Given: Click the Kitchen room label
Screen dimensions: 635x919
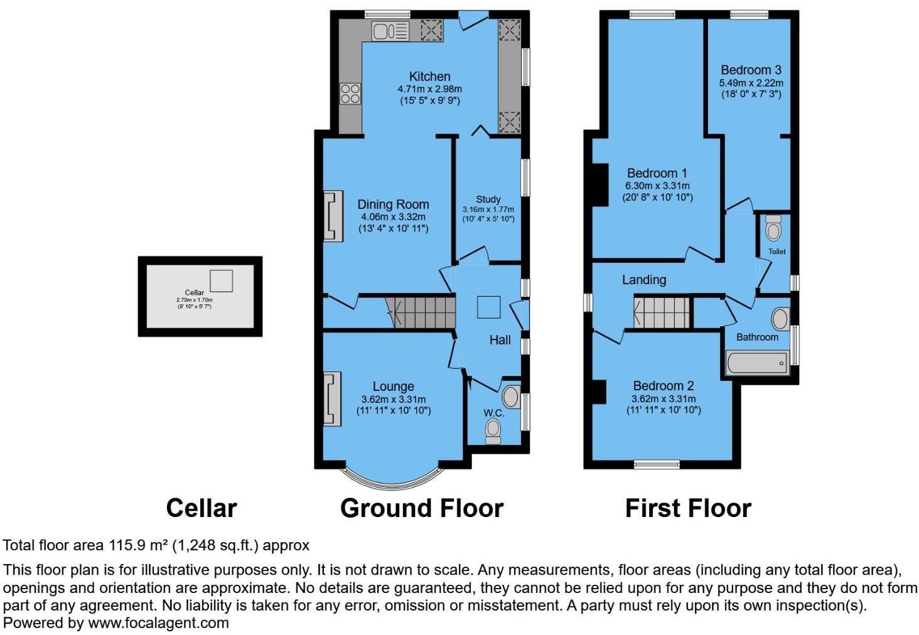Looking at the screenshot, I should pyautogui.click(x=429, y=77).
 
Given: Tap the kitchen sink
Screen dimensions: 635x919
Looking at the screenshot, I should pyautogui.click(x=389, y=31).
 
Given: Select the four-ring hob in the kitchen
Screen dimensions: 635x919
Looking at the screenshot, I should pyautogui.click(x=350, y=93).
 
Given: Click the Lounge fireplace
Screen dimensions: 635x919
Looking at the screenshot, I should pyautogui.click(x=333, y=399).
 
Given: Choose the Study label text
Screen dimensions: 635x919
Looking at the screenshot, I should pyautogui.click(x=488, y=199).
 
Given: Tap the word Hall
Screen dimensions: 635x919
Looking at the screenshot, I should pyautogui.click(x=500, y=340).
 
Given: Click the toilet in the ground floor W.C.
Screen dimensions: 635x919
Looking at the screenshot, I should pyautogui.click(x=493, y=430).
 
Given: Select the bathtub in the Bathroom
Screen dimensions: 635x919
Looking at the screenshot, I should pyautogui.click(x=757, y=363).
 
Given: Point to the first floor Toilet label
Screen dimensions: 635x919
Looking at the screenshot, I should pyautogui.click(x=777, y=252).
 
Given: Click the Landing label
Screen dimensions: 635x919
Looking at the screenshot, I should pyautogui.click(x=643, y=280).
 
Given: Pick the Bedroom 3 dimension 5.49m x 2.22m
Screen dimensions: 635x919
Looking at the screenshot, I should pyautogui.click(x=751, y=83).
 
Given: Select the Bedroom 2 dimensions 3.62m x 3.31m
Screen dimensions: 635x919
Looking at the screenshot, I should pyautogui.click(x=663, y=399).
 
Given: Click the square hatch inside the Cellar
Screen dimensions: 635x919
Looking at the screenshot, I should pyautogui.click(x=221, y=280).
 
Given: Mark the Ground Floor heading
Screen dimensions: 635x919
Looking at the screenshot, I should pyautogui.click(x=421, y=508).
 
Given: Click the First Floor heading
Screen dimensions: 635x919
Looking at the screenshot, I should pyautogui.click(x=688, y=508).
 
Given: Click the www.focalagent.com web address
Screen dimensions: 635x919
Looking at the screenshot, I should pyautogui.click(x=158, y=623).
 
